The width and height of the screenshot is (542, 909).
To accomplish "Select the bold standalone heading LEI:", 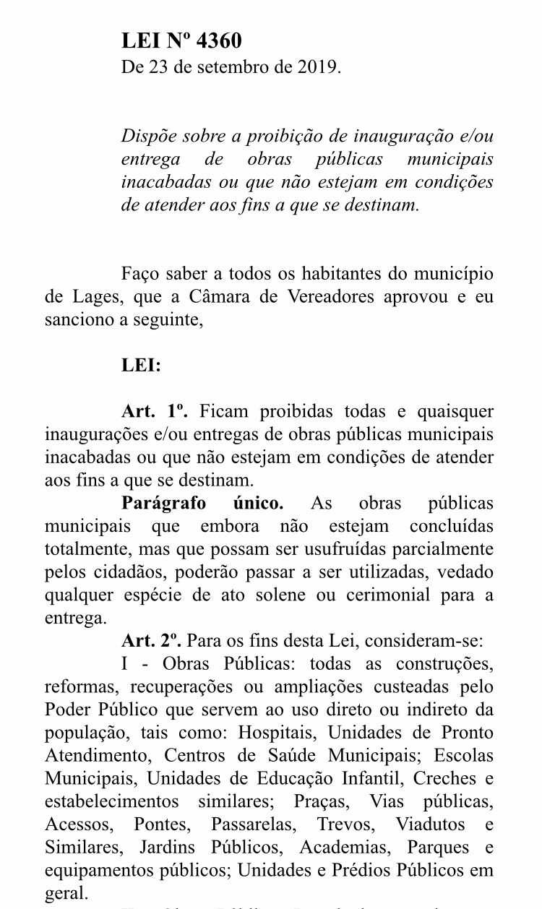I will point(141,366).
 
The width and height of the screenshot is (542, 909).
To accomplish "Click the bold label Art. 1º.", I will point(155,412).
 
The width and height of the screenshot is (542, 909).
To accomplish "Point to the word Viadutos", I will point(429,824).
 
